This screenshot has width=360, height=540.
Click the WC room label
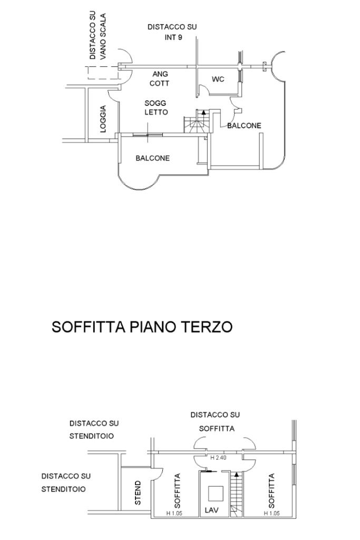point(218,79)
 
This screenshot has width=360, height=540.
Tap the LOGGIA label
point(103,119)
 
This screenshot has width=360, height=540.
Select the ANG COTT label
point(160,79)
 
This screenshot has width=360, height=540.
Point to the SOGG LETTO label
point(156,108)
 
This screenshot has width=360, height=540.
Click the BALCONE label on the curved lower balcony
point(152,158)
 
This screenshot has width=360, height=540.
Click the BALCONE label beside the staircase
point(244,126)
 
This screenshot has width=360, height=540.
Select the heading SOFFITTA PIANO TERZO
point(142,327)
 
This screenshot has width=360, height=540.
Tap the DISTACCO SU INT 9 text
point(172,32)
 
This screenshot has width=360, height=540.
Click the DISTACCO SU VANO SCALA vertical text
point(98,36)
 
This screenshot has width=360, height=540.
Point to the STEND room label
point(138,493)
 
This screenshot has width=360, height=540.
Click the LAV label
point(211,510)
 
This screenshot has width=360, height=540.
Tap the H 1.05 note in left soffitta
point(174,513)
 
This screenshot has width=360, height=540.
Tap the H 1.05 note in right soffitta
point(271,513)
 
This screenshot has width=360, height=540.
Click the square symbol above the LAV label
point(216,493)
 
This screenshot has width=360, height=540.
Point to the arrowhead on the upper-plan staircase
point(204,112)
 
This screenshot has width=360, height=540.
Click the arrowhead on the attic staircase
point(236,475)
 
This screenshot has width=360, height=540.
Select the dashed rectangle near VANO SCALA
point(103,73)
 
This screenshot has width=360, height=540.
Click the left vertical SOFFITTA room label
point(178,491)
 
